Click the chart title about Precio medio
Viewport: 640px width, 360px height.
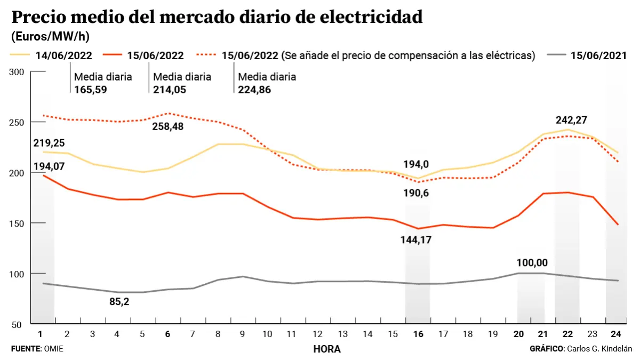[217, 17]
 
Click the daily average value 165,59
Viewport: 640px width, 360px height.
[91, 90]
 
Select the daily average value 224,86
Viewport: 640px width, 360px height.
[254, 90]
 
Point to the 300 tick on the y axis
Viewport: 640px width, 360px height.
[18, 72]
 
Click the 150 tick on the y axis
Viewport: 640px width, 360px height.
[18, 223]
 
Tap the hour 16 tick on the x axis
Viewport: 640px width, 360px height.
[418, 334]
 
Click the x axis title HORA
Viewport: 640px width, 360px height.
[327, 349]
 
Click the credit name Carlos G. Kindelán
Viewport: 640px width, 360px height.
[598, 348]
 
